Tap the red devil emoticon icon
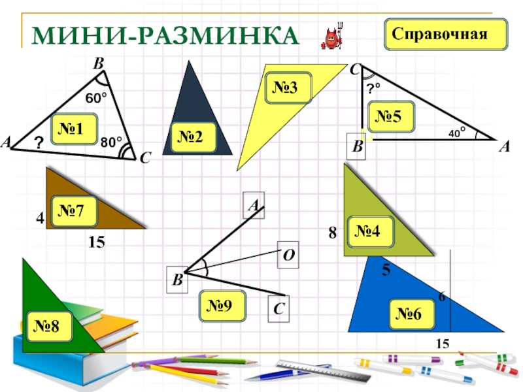(x=333, y=37)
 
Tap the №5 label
(x=397, y=116)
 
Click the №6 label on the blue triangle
(x=414, y=315)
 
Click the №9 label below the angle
(x=224, y=305)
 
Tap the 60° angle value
(x=96, y=99)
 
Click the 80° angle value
(x=112, y=141)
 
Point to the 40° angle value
(x=456, y=133)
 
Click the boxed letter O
(x=288, y=253)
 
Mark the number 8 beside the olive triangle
(x=332, y=233)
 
